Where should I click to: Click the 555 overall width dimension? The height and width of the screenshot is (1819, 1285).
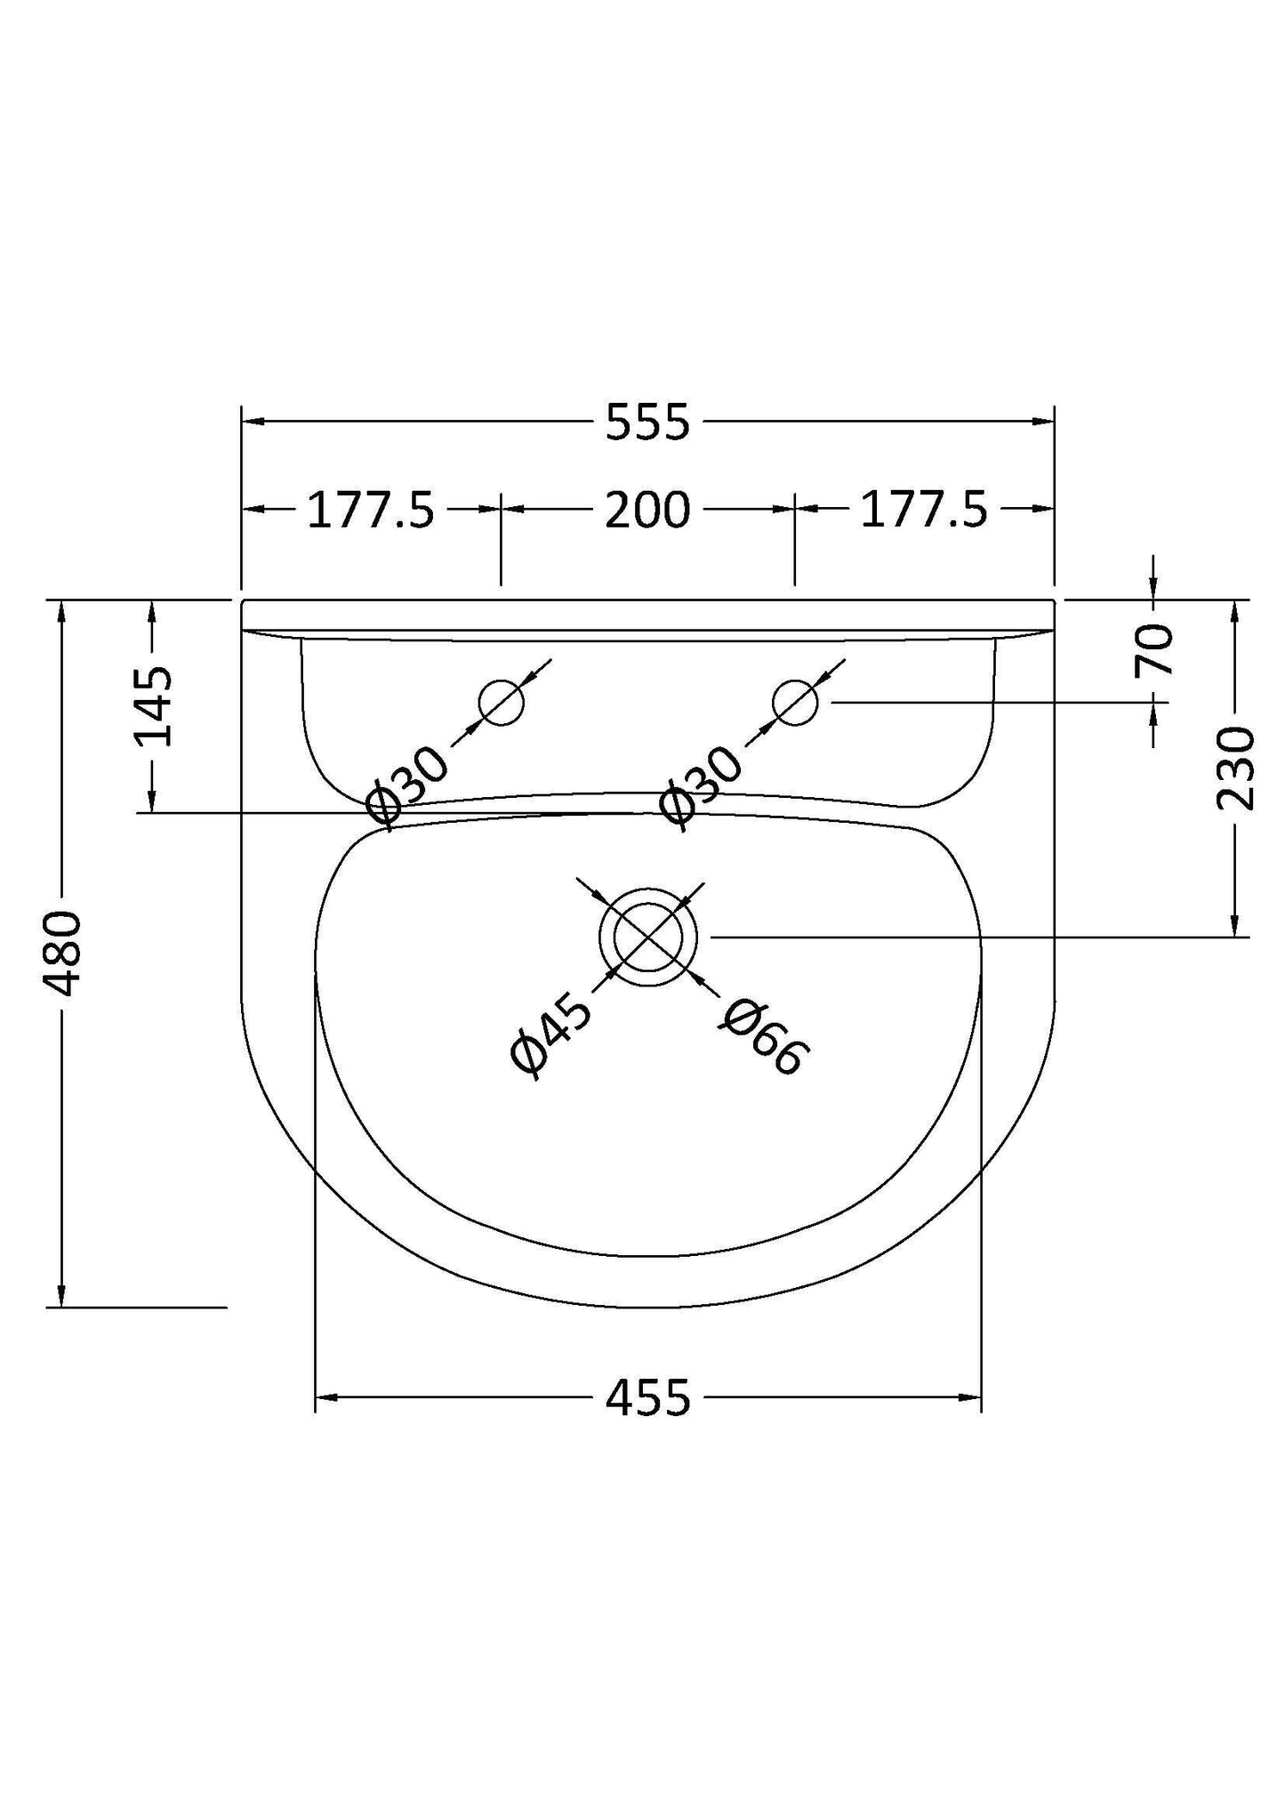tap(647, 423)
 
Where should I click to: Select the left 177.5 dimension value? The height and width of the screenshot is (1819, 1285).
tap(371, 511)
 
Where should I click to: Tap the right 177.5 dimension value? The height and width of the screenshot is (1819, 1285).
tap(924, 511)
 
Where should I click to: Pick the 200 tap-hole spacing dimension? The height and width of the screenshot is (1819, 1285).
tap(647, 511)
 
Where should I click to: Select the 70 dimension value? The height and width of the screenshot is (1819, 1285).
tap(1155, 649)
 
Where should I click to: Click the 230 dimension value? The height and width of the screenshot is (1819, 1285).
tap(1233, 769)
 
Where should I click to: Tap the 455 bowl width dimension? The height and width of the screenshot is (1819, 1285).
tap(647, 1397)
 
